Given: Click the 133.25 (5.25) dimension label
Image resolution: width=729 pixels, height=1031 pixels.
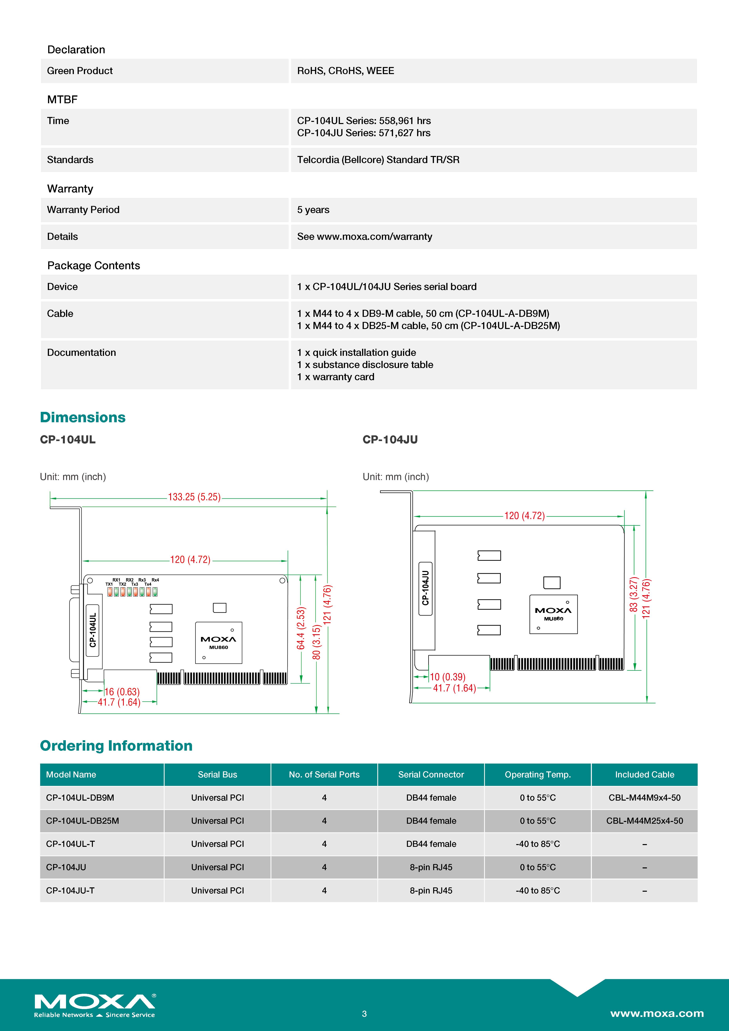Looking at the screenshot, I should [194, 497].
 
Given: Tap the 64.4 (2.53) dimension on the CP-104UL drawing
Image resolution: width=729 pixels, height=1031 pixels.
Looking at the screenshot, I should [301, 628].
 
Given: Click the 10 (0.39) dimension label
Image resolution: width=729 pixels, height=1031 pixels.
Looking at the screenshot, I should [447, 677].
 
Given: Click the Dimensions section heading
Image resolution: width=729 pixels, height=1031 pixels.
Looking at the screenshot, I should [83, 417].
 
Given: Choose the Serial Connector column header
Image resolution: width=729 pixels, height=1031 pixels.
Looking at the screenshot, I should [431, 775].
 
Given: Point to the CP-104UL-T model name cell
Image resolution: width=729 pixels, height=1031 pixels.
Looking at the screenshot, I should [71, 844].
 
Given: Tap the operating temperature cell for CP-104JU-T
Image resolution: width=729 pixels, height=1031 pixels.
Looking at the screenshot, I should [538, 891].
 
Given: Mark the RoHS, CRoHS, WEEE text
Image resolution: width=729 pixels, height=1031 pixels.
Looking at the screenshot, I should [346, 71].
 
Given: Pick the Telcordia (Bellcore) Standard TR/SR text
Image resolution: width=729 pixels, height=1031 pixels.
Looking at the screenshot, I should [378, 160].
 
